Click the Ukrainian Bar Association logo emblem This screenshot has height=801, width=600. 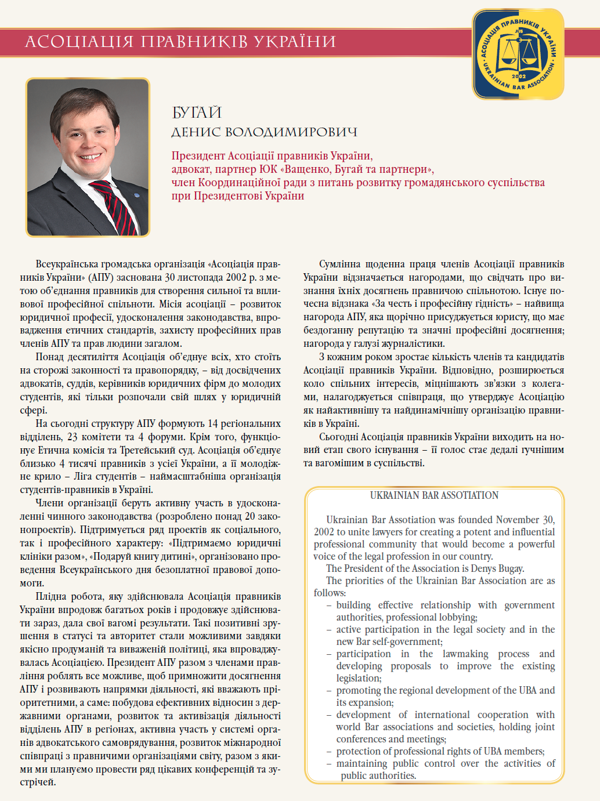(x=518, y=54)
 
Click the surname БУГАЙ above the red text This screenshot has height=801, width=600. (x=197, y=112)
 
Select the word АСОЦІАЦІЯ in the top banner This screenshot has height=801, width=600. (x=79, y=42)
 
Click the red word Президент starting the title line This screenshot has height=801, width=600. (x=198, y=156)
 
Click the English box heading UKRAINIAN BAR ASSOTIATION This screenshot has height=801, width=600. (x=434, y=495)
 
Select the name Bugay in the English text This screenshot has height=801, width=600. (x=511, y=568)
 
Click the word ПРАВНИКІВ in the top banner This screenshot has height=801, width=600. (x=195, y=42)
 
